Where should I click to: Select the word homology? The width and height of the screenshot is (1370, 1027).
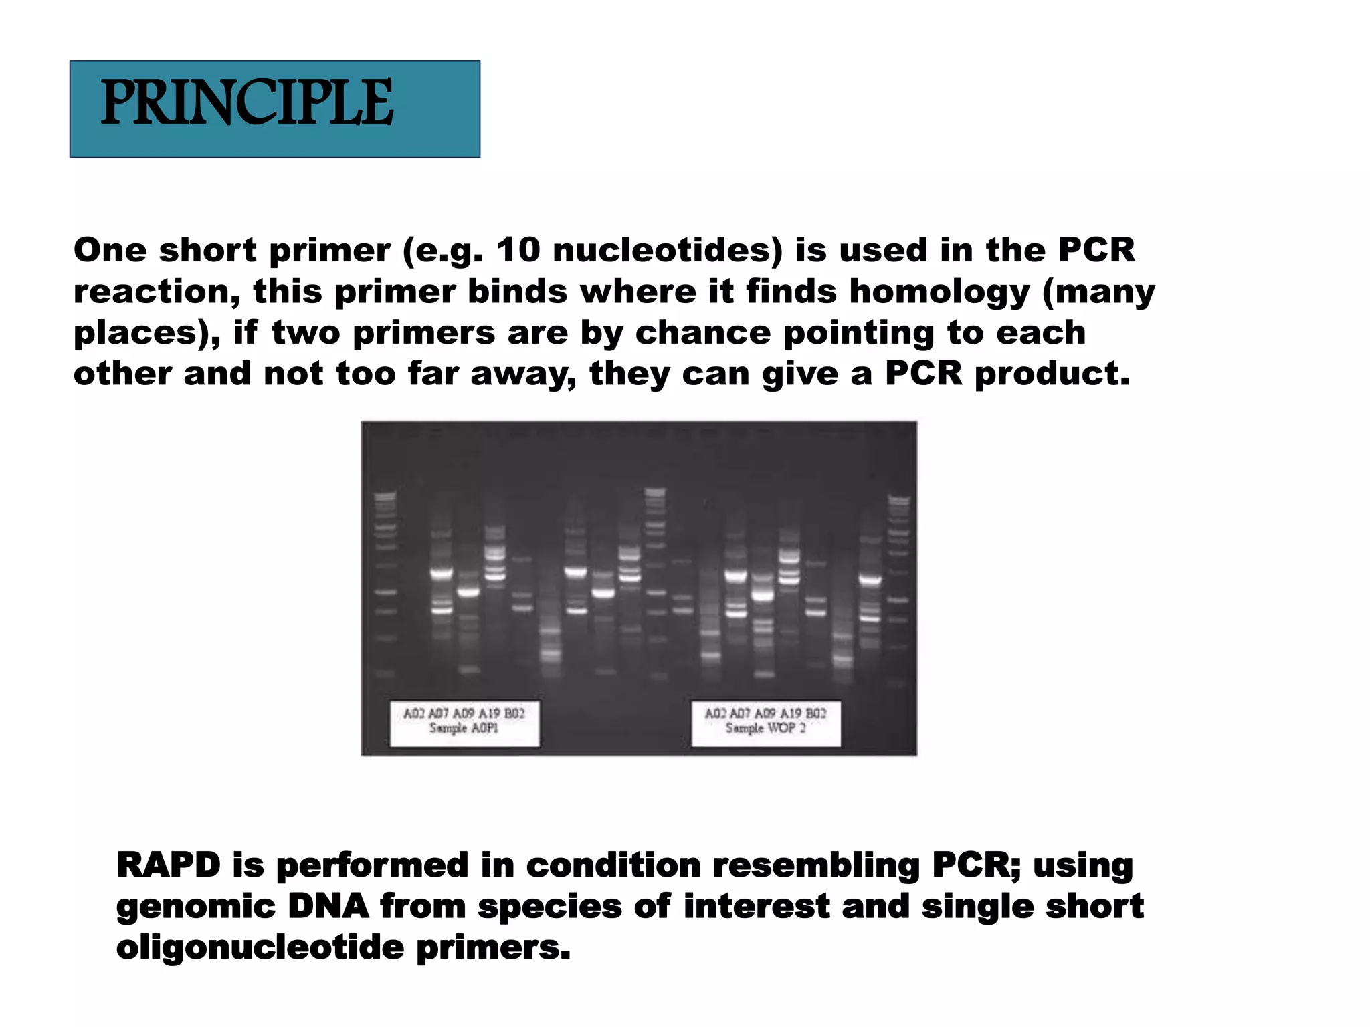[x=939, y=292]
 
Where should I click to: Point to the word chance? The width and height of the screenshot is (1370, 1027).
[x=703, y=333]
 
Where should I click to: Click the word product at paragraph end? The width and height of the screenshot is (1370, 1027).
[x=1052, y=374]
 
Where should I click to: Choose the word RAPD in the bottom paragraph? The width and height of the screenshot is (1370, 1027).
[x=169, y=865]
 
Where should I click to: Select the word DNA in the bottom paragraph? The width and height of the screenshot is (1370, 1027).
[x=328, y=906]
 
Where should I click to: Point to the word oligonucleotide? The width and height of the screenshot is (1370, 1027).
[x=260, y=947]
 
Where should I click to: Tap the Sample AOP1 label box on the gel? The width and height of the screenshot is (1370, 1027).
[x=464, y=723]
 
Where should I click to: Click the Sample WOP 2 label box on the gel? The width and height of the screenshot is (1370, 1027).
[x=765, y=723]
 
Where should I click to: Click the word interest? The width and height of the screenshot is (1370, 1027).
[x=757, y=906]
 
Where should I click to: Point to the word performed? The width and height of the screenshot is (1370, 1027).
[x=372, y=865]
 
